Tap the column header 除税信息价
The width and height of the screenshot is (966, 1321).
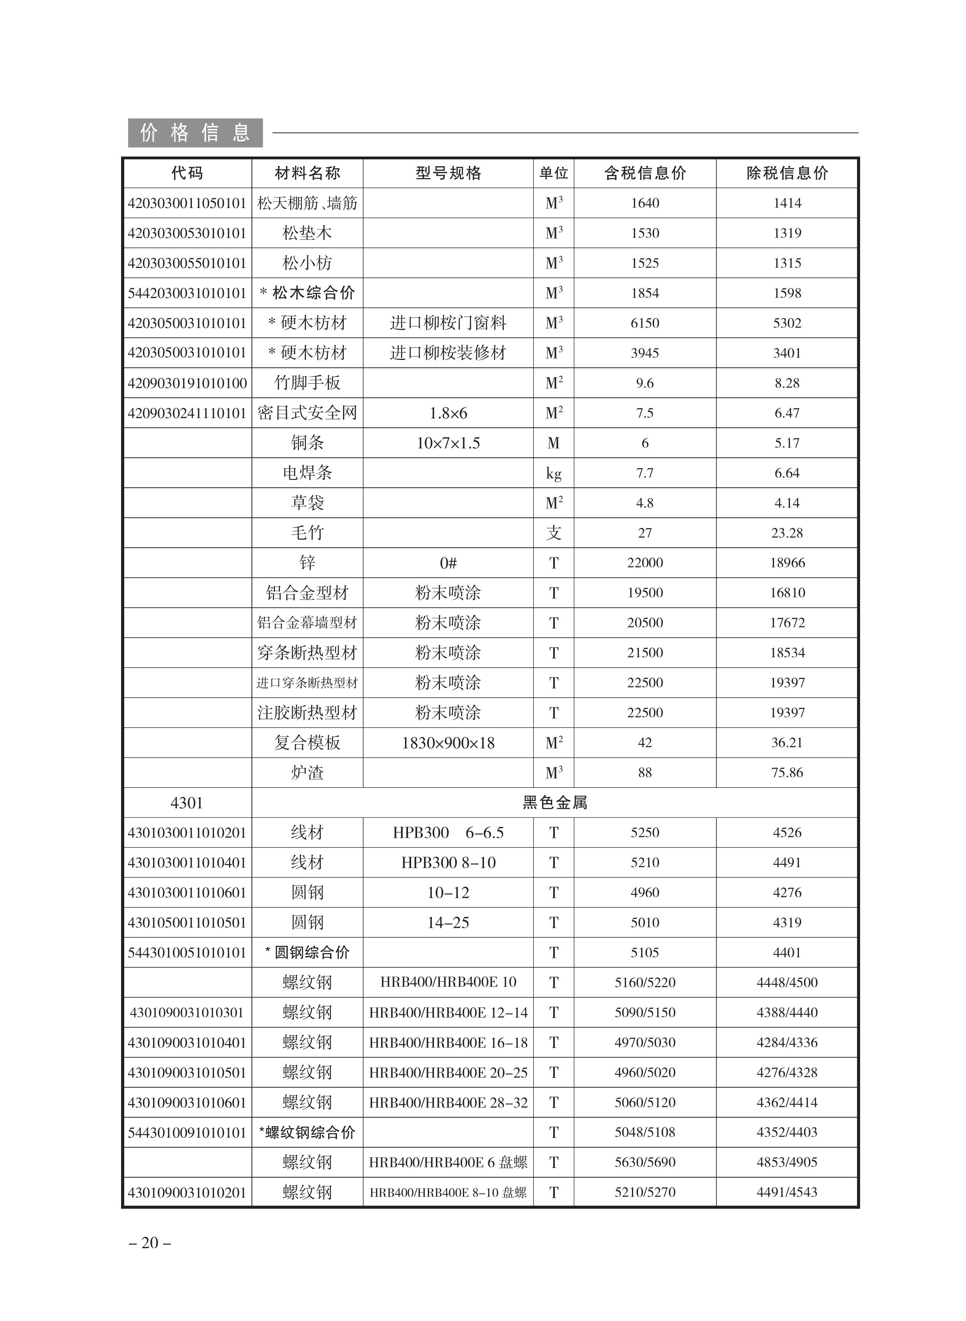click(x=787, y=173)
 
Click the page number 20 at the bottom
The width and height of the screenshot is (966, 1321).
click(x=150, y=1243)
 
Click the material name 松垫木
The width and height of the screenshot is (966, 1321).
click(x=307, y=233)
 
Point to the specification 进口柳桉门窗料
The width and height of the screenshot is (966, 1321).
click(x=448, y=323)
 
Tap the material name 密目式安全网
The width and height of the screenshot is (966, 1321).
click(x=307, y=413)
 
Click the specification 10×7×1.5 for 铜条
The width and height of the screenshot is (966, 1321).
click(x=448, y=443)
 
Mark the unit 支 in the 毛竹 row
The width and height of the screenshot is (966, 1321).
click(x=553, y=533)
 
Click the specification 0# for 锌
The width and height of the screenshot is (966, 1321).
click(x=448, y=563)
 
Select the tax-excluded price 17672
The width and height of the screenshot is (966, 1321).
click(x=787, y=623)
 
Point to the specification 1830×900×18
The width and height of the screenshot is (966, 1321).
click(x=448, y=743)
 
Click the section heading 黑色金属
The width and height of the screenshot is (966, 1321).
click(x=554, y=802)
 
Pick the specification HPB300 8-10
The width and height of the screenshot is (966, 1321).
click(x=448, y=863)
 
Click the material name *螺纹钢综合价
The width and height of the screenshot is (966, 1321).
click(x=307, y=1132)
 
